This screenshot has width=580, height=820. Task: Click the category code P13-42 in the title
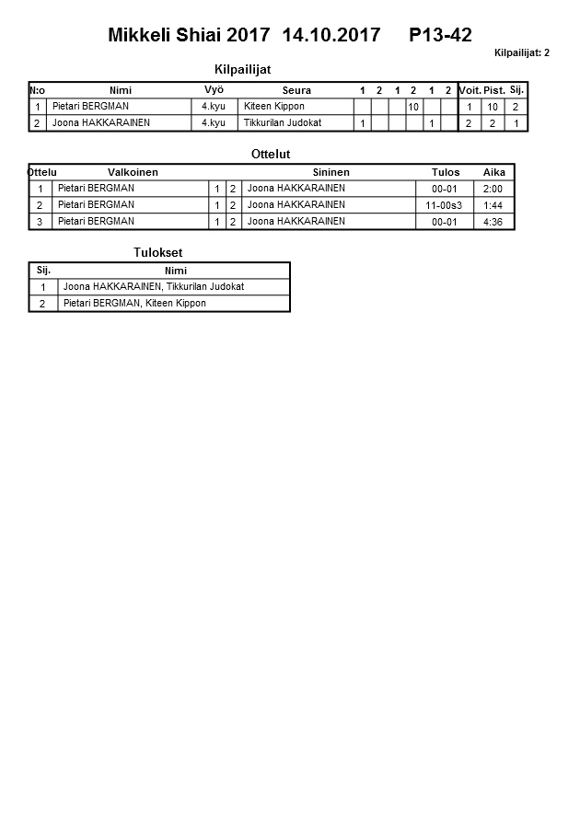coord(440,36)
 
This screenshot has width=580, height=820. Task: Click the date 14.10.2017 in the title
coord(331,36)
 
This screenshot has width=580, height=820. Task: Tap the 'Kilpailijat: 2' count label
coord(521,53)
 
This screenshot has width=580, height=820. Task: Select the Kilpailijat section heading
coord(242,70)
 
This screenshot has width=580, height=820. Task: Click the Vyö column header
coord(214,90)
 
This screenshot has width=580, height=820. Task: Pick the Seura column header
coord(296,90)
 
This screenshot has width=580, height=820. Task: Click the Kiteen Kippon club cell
coord(274,107)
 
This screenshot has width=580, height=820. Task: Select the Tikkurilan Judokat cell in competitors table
coord(283,123)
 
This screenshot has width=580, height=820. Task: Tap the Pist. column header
coord(493,90)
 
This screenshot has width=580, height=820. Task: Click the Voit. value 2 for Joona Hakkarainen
coord(469,123)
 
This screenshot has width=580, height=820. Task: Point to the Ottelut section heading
coord(271,155)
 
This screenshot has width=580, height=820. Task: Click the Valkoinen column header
coord(133,172)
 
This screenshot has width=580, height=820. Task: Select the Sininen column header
coord(331,172)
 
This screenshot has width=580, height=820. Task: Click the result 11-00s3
coord(444,205)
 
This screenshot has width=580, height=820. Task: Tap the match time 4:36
coord(493,222)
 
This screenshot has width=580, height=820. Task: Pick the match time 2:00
coord(493,189)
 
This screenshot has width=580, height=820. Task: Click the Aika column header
coord(494,172)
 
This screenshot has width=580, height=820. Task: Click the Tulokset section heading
coord(152,253)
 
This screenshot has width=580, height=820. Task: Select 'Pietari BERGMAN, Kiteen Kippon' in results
coord(134,304)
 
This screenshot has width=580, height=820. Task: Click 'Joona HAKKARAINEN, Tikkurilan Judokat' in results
coord(153,287)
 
